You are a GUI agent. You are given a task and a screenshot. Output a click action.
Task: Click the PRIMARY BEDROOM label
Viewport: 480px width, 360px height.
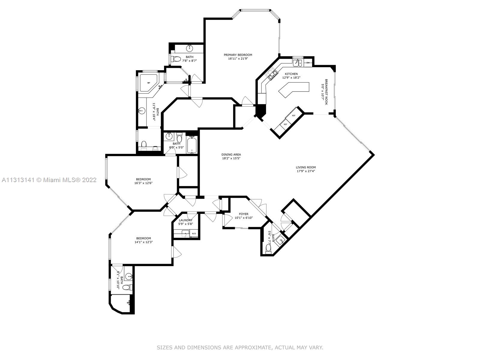click(x=238, y=55)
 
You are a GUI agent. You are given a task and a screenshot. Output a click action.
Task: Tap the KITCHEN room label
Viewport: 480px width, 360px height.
click(x=291, y=74)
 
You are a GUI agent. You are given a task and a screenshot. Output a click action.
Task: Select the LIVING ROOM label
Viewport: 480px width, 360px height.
click(x=305, y=167)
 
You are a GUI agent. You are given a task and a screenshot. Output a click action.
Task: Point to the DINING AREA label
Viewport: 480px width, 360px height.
click(x=231, y=154)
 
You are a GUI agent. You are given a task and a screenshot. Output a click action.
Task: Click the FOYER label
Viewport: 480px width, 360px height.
click(x=244, y=214)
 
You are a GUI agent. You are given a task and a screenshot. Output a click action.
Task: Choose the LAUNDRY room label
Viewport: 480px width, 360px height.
click(x=185, y=220)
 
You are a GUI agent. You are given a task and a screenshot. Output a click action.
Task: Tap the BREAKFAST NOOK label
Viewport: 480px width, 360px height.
click(x=326, y=92)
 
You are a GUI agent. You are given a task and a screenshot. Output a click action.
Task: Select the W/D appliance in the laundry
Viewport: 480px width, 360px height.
click(x=194, y=234)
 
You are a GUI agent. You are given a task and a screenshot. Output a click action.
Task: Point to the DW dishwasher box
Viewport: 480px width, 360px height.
click(x=308, y=63)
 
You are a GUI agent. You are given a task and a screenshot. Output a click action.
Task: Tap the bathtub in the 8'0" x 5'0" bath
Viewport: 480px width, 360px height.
click(x=192, y=144)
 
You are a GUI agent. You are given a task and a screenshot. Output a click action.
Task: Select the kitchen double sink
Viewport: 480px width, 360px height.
click(x=298, y=63)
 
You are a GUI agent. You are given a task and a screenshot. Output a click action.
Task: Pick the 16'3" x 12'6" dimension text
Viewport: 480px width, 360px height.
click(x=143, y=183)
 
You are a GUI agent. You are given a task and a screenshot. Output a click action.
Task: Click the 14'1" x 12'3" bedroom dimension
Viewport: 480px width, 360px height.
click(x=143, y=242)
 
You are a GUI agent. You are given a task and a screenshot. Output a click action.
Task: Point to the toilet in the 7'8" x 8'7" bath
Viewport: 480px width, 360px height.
click(x=176, y=59)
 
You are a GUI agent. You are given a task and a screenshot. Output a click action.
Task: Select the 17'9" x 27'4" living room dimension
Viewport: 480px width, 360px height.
click(x=306, y=171)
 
